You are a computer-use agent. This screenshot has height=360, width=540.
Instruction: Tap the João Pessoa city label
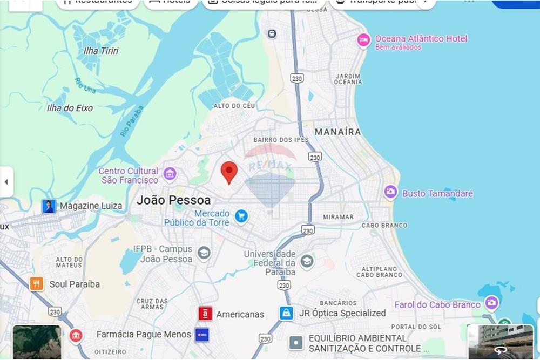click(x=173, y=200)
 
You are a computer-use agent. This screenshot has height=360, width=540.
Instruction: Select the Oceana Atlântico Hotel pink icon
click(x=364, y=40)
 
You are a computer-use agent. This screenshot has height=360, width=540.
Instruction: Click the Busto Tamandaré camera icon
click(x=390, y=192)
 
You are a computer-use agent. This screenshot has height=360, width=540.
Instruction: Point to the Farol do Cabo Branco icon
click(x=491, y=303)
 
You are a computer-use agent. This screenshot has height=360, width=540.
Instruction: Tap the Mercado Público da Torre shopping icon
click(x=241, y=216)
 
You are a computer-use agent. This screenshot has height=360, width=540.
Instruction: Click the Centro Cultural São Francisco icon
click(x=170, y=174)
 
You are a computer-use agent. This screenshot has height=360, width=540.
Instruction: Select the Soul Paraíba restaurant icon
click(x=37, y=284)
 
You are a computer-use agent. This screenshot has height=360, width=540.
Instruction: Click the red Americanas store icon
click(x=205, y=314)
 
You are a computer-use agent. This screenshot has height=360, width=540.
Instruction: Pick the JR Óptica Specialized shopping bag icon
click(x=286, y=313)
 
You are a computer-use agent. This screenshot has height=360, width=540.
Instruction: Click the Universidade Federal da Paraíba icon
click(x=307, y=261)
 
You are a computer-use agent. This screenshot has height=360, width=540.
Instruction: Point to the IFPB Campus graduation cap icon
click(x=204, y=253)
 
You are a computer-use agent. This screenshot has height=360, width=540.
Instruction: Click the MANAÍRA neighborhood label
click(x=338, y=132)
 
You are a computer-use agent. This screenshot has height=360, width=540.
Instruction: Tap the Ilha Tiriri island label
click(x=101, y=51)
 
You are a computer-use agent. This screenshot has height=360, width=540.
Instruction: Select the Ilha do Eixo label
click(x=70, y=108)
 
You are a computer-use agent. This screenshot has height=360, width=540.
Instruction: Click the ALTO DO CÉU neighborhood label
click(x=234, y=106)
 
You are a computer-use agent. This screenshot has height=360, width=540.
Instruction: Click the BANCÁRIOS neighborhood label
click(x=338, y=303)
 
